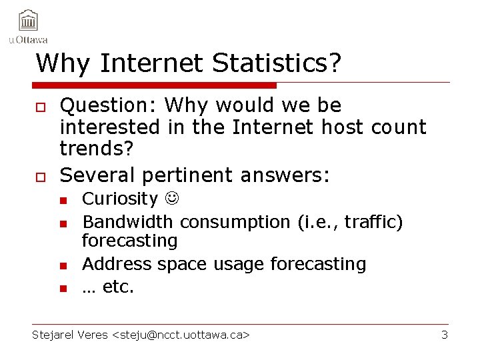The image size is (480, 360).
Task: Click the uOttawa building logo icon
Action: point(29,21)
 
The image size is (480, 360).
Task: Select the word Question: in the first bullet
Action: point(109,105)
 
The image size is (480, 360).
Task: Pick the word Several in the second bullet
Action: point(97,175)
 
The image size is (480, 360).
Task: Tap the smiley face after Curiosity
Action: point(171,199)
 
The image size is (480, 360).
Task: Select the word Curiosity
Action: point(119,199)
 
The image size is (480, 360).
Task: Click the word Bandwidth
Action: point(127,221)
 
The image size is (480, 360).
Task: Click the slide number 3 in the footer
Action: point(445,335)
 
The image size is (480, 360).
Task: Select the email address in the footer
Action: point(181,335)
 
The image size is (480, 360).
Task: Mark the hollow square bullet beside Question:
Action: point(41,107)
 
